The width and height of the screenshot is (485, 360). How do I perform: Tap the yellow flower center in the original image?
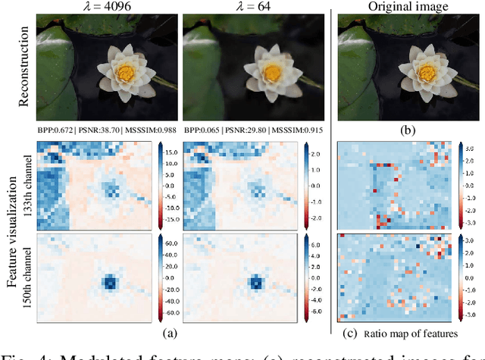[x=405, y=73]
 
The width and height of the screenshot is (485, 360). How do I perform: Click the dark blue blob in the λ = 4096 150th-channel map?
[x=110, y=282]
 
